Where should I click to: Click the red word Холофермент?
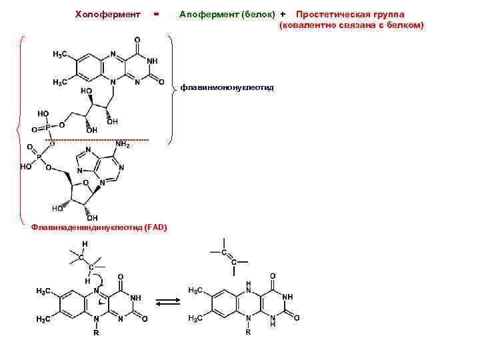coord(107,14)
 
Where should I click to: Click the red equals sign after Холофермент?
coord(155,13)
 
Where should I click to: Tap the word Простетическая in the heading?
coord(328,14)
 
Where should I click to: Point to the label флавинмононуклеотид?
coord(227,87)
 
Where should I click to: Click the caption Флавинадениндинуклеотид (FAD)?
coord(99,227)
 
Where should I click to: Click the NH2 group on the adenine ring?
coord(123,145)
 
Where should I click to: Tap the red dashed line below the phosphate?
coord(97,139)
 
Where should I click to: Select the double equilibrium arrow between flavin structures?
coord(169,301)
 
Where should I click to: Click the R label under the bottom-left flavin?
coord(96,332)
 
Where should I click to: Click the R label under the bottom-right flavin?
coord(249,332)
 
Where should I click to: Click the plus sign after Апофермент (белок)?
coord(283,14)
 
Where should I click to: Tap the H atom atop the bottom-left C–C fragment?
coord(84,245)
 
